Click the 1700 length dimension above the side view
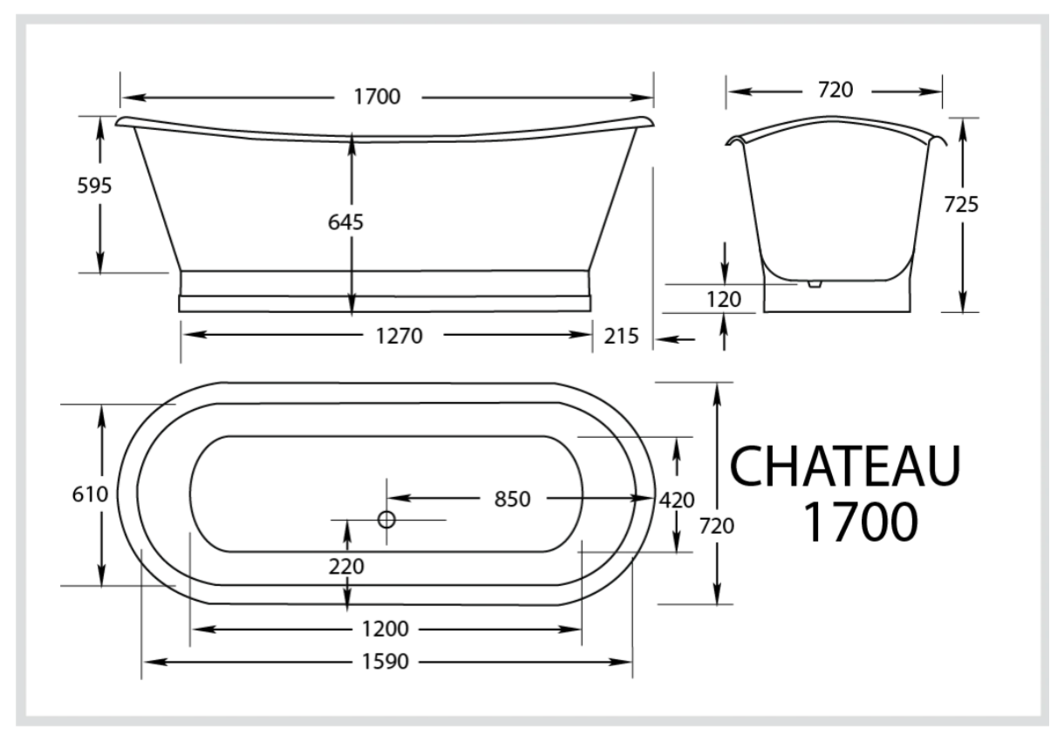(377, 97)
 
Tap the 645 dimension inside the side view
(346, 222)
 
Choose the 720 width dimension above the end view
(835, 90)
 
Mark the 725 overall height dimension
(960, 204)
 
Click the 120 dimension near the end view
(725, 300)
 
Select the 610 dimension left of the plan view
(90, 494)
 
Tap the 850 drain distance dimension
(511, 499)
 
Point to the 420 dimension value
(677, 500)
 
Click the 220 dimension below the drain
(346, 566)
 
